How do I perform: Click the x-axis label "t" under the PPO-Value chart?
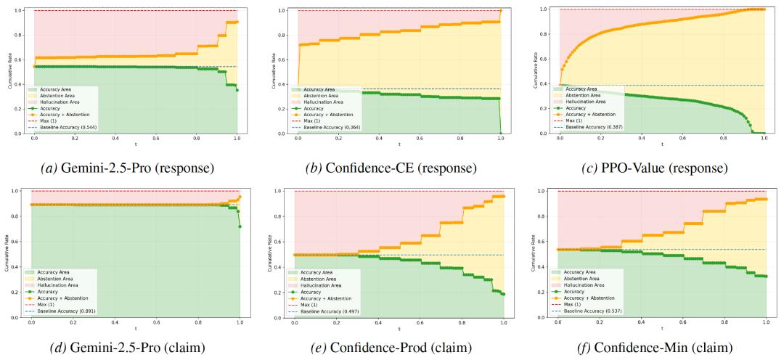click(x=661, y=147)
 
